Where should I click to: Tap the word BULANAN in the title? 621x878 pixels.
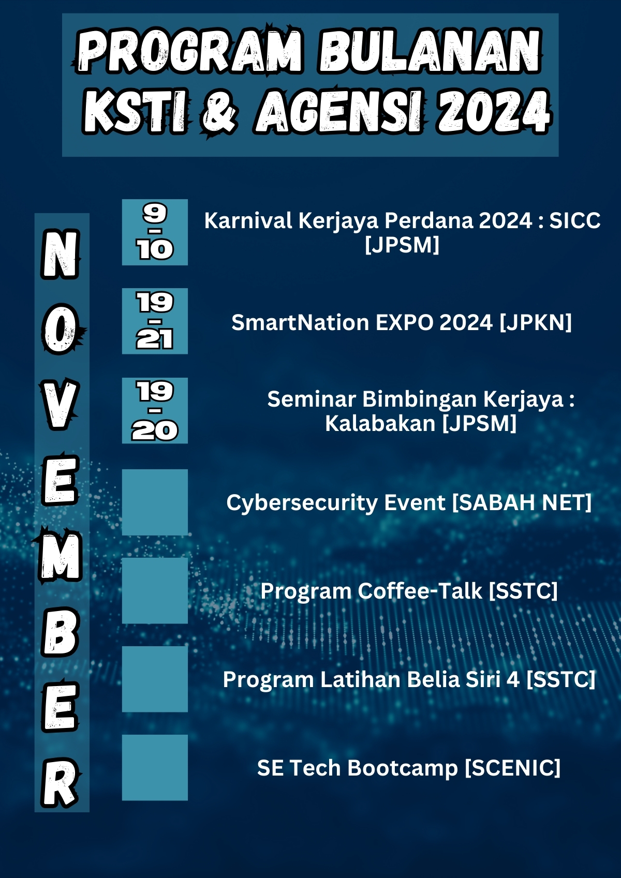point(431,51)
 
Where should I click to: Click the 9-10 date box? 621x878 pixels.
point(155,232)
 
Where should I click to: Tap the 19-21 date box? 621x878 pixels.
point(155,321)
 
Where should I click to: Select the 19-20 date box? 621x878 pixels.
point(155,410)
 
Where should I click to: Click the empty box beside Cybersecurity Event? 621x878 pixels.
point(155,502)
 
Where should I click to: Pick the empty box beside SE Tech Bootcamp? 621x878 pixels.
point(155,767)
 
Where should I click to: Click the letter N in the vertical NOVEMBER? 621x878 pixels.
point(61,254)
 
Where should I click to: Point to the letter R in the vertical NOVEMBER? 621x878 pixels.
point(61,782)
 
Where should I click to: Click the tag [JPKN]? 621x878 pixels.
point(536,322)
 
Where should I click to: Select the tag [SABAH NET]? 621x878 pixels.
point(522,502)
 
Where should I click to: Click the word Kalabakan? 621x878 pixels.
point(380,423)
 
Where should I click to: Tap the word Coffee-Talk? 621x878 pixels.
point(420,591)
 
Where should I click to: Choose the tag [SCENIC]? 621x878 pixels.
point(512,767)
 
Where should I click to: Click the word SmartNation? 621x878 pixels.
point(300,322)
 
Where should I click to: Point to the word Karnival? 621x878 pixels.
point(248,221)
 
